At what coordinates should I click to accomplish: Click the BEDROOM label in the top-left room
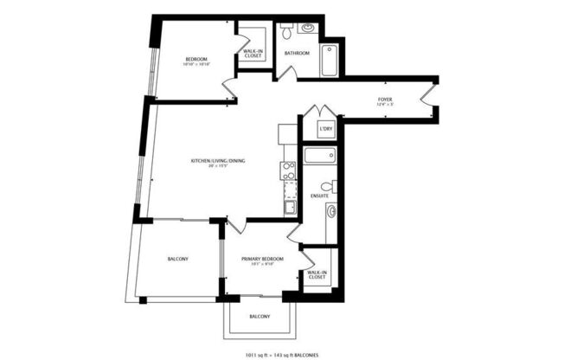pyautogui.click(x=196, y=59)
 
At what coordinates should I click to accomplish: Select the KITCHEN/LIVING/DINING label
pyautogui.click(x=220, y=160)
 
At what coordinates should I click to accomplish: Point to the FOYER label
pyautogui.click(x=384, y=100)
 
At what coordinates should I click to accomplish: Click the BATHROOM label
pyautogui.click(x=297, y=53)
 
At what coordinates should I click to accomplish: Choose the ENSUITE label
pyautogui.click(x=319, y=196)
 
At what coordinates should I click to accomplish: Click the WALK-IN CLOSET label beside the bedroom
pyautogui.click(x=253, y=53)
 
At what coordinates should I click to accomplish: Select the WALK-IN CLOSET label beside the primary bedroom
pyautogui.click(x=317, y=275)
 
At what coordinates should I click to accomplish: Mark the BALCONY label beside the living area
pyautogui.click(x=178, y=260)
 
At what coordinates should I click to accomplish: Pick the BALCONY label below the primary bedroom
pyautogui.click(x=260, y=317)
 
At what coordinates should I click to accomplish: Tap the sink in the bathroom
pyautogui.click(x=307, y=28)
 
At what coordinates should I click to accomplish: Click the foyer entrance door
pyautogui.click(x=426, y=93)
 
